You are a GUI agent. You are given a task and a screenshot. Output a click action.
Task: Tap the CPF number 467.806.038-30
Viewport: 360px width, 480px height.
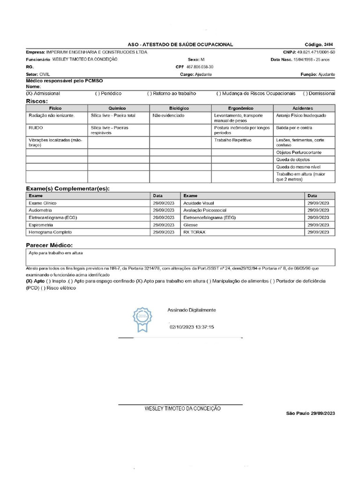point(200,67)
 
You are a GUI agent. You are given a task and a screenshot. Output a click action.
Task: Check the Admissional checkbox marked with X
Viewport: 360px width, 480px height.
point(29,94)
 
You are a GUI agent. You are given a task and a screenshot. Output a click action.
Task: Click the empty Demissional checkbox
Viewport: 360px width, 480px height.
point(306,94)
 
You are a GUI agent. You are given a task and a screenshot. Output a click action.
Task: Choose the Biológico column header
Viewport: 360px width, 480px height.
point(180,108)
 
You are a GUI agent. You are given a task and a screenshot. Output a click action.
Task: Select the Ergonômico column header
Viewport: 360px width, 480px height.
point(242,108)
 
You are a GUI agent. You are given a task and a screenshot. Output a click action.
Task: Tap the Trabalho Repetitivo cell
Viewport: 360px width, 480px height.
point(233,140)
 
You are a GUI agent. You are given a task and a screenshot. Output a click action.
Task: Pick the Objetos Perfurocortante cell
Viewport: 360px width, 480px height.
point(300,153)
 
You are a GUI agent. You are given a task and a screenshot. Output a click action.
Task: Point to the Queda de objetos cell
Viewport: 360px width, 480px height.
point(293,160)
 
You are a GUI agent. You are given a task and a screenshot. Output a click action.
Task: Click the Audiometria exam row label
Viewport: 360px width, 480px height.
point(41,210)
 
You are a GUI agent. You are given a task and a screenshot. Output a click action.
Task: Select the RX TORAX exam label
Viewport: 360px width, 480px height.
point(194,232)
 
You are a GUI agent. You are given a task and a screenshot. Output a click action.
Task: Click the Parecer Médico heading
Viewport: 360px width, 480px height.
point(49,246)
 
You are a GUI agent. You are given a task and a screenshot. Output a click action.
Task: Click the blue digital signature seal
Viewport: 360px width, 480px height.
point(142,319)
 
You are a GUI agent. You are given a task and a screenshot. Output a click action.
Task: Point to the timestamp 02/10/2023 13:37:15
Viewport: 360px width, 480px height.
point(192,327)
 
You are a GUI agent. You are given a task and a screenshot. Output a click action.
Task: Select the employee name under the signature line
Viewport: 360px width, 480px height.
point(182,409)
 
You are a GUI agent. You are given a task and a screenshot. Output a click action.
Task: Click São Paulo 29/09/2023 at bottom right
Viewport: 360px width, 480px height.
point(311,413)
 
